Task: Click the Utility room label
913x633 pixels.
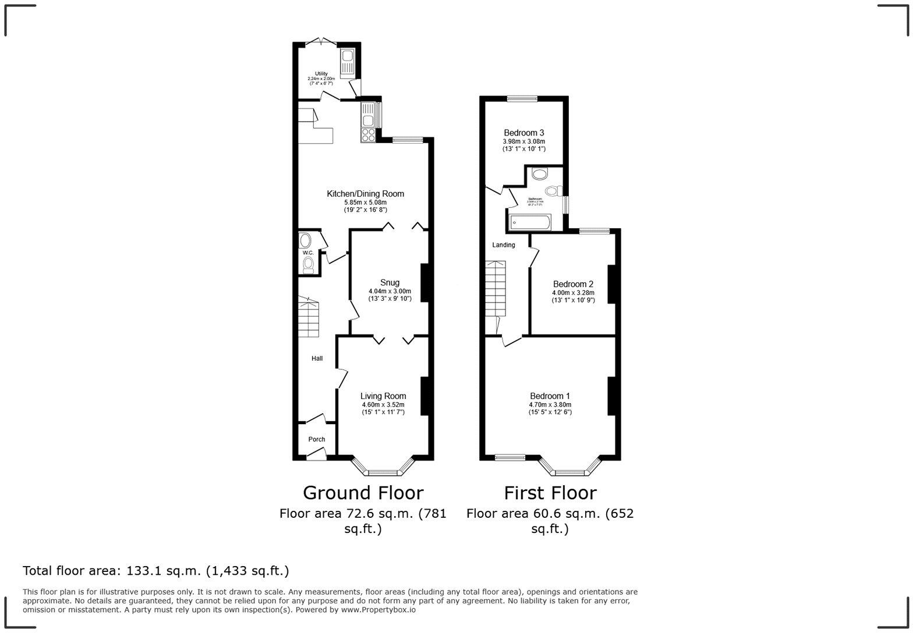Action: click(x=321, y=74)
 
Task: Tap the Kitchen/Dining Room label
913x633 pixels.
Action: click(x=365, y=194)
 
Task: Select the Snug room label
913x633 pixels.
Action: click(x=390, y=283)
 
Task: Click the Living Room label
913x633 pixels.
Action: click(x=383, y=396)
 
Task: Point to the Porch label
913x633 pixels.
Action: click(x=316, y=439)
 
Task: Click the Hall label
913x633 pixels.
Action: click(x=317, y=358)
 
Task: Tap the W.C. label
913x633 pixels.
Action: click(x=307, y=253)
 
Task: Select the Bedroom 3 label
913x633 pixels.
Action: click(x=523, y=133)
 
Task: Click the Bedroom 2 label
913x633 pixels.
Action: click(x=573, y=285)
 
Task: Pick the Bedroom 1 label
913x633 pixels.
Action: click(x=550, y=396)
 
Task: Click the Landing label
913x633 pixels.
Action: click(x=504, y=245)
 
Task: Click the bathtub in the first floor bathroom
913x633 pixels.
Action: click(x=530, y=222)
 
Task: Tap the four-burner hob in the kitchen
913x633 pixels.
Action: click(x=368, y=136)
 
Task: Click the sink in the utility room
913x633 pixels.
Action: click(x=348, y=57)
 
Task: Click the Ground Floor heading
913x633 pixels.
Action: click(x=363, y=493)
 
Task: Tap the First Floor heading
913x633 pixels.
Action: click(x=550, y=493)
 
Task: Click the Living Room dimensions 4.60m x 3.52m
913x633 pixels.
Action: click(x=383, y=404)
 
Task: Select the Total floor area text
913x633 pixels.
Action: click(x=155, y=571)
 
